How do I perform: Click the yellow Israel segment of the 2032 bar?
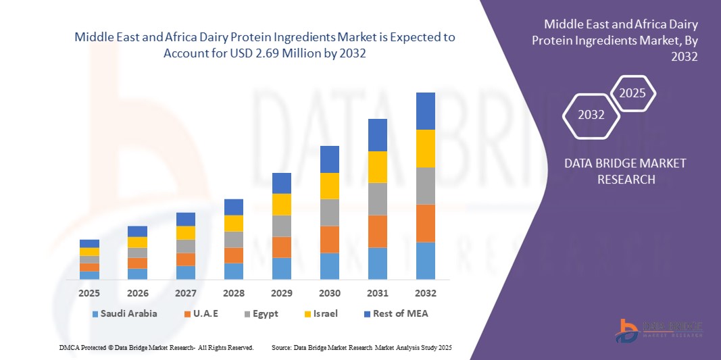[x=425, y=149]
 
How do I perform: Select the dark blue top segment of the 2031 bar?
[x=377, y=135]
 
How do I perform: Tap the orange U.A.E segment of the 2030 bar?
[x=329, y=239]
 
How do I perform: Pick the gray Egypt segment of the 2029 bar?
[x=281, y=226]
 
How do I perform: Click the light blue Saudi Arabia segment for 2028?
[x=233, y=271]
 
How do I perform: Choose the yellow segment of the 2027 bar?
[x=185, y=232]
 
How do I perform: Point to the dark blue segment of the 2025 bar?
[x=89, y=243]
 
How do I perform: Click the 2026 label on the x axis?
[x=137, y=293]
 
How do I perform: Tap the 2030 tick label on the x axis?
[x=329, y=293]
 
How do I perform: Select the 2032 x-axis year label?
[x=425, y=293]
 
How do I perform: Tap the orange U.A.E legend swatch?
[x=186, y=314]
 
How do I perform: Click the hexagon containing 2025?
[x=633, y=94]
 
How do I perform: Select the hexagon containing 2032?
[x=591, y=115]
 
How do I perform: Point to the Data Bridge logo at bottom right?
[x=658, y=329]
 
